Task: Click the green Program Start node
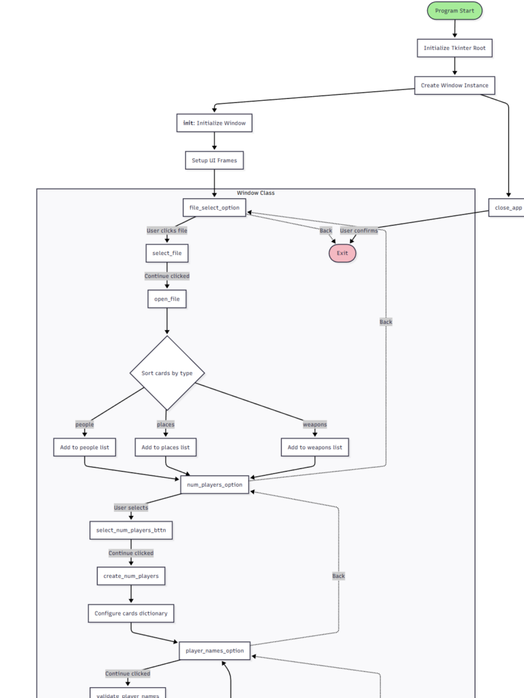coord(454,11)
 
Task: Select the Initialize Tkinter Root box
coord(454,48)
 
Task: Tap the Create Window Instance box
coord(454,85)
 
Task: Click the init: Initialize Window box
coord(214,123)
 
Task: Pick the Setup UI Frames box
coord(214,160)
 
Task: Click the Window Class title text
coord(256,193)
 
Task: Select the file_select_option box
coord(214,207)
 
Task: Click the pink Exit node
coord(343,253)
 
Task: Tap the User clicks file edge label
coord(167,230)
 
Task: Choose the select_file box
coord(167,253)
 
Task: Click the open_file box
coord(167,299)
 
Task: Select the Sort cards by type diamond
coord(167,373)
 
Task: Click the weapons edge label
coord(315,425)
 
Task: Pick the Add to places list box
coord(166,447)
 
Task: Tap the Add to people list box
coord(85,447)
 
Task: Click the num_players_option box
coord(214,485)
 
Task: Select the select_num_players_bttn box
coord(131,530)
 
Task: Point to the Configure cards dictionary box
coord(131,613)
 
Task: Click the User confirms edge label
coord(359,230)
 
